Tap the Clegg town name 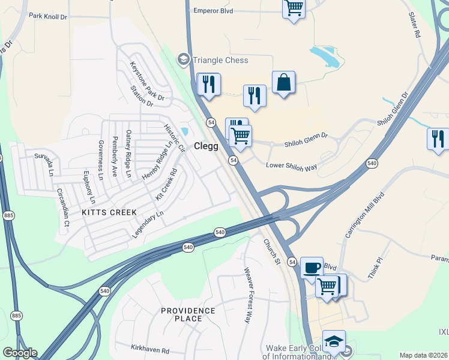(x=206, y=146)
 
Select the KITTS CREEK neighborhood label (x=110, y=212)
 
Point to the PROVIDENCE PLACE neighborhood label (x=187, y=314)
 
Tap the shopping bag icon (x=284, y=83)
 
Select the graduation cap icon (x=334, y=341)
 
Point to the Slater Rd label (x=414, y=25)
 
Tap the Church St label (x=272, y=252)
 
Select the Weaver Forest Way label (x=247, y=295)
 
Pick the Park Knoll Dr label (x=48, y=16)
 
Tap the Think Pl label (x=375, y=268)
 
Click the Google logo (x=19, y=353)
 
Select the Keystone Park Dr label (x=147, y=81)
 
